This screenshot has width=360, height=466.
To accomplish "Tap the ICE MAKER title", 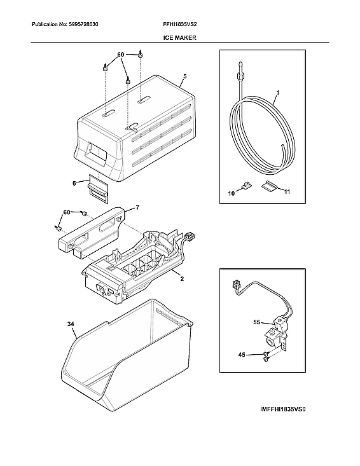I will point(180,38).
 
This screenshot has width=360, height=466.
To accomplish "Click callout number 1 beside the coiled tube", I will point(277,99).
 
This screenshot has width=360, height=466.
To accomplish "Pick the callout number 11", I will point(286,191).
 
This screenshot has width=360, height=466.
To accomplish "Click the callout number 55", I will point(258,323).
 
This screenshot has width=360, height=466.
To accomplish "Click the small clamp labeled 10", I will point(245,186).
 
